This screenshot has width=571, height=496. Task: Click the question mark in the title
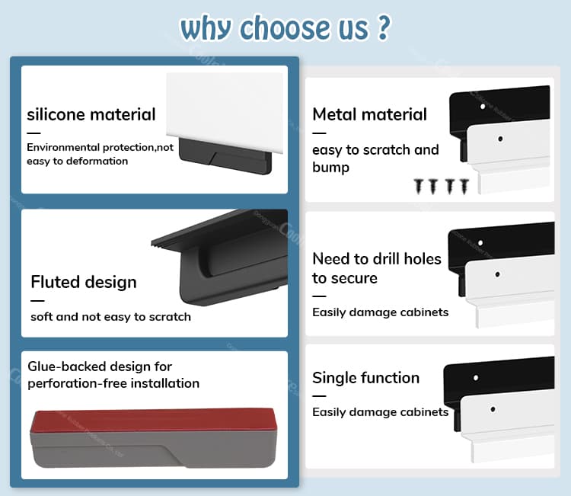pyautogui.click(x=383, y=27)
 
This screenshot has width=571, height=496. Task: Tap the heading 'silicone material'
pyautogui.click(x=91, y=115)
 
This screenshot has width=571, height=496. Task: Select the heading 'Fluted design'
pyautogui.click(x=84, y=282)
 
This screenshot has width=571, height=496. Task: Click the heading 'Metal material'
pyautogui.click(x=369, y=114)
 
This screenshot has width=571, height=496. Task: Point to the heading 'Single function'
pyautogui.click(x=365, y=378)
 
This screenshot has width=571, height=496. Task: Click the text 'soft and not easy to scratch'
pyautogui.click(x=110, y=316)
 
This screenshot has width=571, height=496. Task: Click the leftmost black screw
pyautogui.click(x=419, y=184)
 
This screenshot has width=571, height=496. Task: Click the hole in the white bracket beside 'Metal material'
pyautogui.click(x=501, y=139)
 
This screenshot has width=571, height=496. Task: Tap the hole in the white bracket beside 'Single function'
pyautogui.click(x=493, y=409)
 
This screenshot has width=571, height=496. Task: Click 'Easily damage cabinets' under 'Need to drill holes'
pyautogui.click(x=380, y=312)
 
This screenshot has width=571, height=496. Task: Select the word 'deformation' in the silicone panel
pyautogui.click(x=95, y=161)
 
